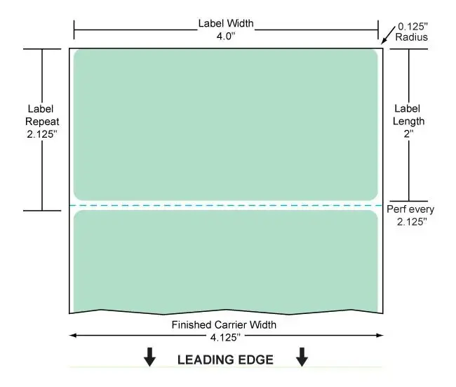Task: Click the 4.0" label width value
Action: (226, 36)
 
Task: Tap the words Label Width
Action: (226, 23)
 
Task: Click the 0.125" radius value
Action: (413, 27)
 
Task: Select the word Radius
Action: (412, 37)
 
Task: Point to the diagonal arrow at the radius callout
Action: (388, 35)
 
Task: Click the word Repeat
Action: (42, 122)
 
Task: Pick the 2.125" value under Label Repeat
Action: (42, 134)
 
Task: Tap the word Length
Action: (408, 121)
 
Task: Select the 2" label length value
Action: (408, 133)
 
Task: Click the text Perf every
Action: (410, 209)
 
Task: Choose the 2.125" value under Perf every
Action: (412, 222)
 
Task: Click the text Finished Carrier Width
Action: (224, 324)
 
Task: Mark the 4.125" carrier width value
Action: (225, 338)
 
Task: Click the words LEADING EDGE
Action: (225, 360)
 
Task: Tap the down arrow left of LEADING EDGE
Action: (149, 357)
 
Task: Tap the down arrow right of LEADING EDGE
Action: (302, 357)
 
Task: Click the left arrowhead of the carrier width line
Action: (73, 336)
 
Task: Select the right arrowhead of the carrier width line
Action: (380, 336)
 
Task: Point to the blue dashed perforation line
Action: (226, 206)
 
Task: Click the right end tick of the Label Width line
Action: (378, 29)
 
